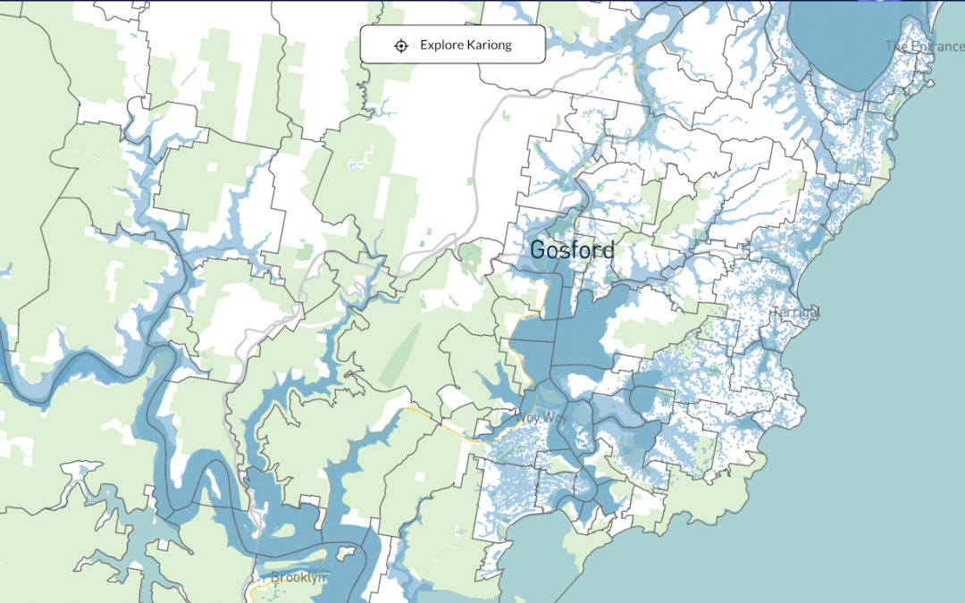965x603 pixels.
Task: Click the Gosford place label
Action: [x=572, y=250]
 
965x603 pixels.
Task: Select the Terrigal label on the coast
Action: [x=797, y=313]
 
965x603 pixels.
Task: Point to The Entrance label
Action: [x=924, y=46]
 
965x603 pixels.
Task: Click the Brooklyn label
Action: [x=298, y=577]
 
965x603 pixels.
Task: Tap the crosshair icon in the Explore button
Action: [x=401, y=46]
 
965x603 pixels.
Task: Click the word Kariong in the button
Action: [x=489, y=45]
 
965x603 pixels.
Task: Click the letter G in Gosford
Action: [x=538, y=250]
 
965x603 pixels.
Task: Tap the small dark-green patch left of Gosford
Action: [x=471, y=258]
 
